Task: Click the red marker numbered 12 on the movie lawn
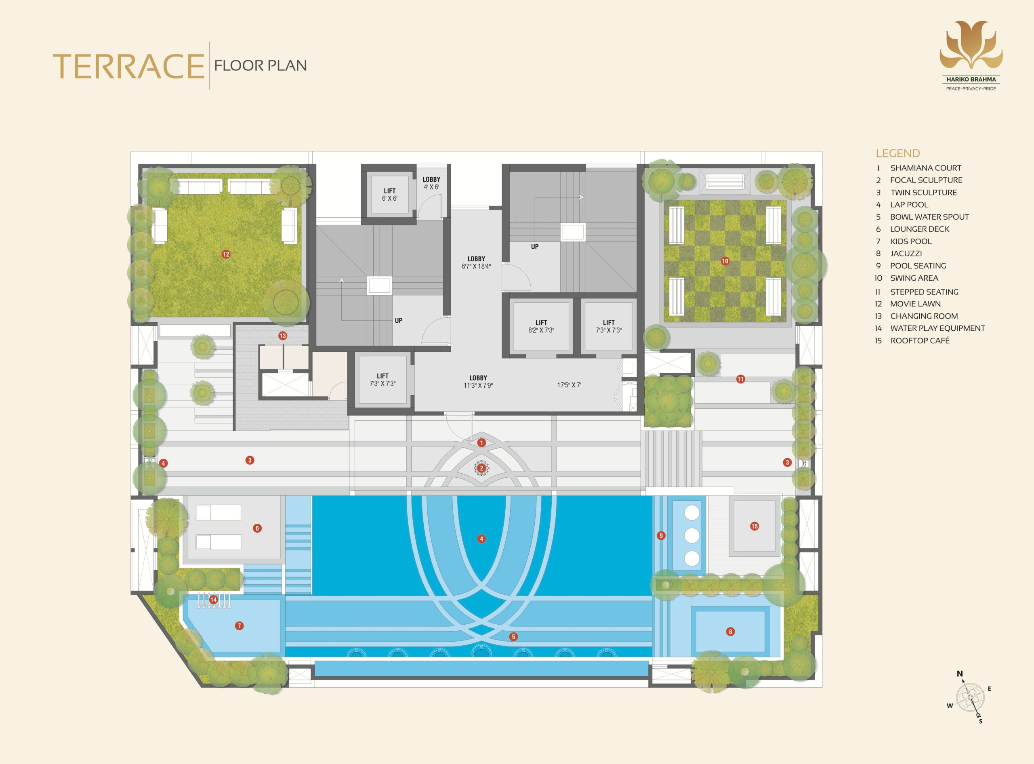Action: click(226, 254)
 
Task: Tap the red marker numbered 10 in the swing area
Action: click(725, 261)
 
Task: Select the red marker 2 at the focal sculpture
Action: click(481, 468)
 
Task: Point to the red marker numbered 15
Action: click(754, 526)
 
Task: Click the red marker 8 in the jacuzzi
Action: click(731, 632)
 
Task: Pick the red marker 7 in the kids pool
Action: click(239, 626)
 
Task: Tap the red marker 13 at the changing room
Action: click(283, 336)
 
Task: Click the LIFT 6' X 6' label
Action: click(389, 195)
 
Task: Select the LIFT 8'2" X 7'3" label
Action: click(541, 327)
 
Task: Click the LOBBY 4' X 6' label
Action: click(431, 183)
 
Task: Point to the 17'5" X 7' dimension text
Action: click(569, 385)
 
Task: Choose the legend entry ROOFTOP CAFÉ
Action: click(920, 340)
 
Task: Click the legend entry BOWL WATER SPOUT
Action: click(929, 217)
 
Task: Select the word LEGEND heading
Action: click(897, 153)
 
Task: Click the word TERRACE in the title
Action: click(128, 66)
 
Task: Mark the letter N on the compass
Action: click(960, 674)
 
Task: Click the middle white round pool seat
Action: click(691, 535)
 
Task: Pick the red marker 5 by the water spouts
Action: click(513, 637)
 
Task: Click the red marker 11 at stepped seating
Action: click(741, 379)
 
